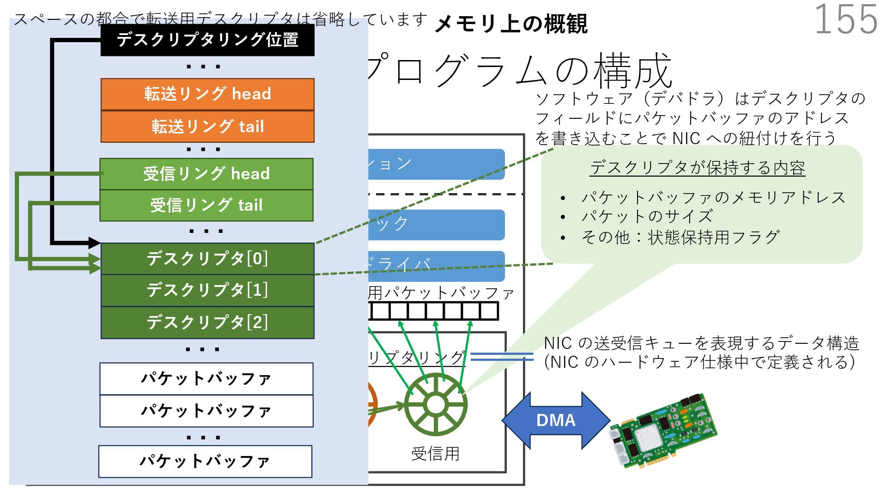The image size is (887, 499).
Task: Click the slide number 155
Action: pos(845,19)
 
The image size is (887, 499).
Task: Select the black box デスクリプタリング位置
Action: pos(207,40)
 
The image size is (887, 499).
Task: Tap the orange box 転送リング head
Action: pos(207,94)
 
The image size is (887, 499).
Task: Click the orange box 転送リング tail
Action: pos(207,126)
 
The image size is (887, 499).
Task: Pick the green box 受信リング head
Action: pos(207,174)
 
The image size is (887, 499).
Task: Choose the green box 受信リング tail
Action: pos(207,205)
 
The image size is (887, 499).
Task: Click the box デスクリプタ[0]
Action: pos(207,258)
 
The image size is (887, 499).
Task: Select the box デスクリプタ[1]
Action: pos(207,290)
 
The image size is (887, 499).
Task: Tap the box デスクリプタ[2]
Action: pos(207,323)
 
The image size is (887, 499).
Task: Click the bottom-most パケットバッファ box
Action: pos(205,461)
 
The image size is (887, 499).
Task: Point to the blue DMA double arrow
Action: pos(556,420)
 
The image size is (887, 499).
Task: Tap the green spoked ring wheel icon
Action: pos(435,405)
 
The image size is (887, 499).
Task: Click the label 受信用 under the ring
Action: pos(435,454)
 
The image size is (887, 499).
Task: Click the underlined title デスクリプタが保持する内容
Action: pos(697,168)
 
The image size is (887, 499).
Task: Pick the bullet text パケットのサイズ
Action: pos(647,216)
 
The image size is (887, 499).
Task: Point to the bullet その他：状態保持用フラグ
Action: pos(680,237)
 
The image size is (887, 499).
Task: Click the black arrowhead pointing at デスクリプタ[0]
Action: pos(94,243)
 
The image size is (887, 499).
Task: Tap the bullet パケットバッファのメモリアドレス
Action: pos(713,197)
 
